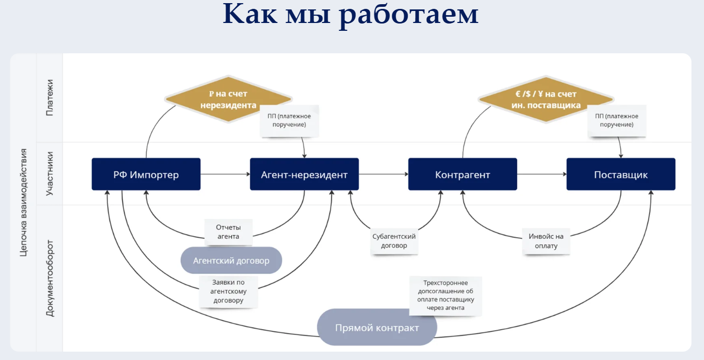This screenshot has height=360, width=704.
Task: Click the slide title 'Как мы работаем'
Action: coord(351,15)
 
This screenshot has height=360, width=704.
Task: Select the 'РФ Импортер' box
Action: coord(146,175)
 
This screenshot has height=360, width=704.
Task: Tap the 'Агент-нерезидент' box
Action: coord(304,175)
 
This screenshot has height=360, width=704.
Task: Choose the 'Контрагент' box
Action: coord(463,175)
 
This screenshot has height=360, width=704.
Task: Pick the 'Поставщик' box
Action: coord(621,175)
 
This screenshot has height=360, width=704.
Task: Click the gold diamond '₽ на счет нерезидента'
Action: coord(228,99)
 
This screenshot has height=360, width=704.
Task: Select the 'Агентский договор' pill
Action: coord(231,260)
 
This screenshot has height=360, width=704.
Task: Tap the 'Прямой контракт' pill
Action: coord(377,328)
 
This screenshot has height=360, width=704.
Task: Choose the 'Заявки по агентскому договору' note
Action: coord(229,291)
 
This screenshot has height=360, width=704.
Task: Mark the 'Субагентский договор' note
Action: coord(394,241)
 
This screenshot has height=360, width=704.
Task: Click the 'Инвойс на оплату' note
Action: coord(546,241)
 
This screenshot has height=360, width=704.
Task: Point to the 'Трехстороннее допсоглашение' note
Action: coord(445,296)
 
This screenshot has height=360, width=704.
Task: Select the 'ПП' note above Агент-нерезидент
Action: coord(289,121)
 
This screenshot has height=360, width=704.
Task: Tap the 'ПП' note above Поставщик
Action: coord(616,121)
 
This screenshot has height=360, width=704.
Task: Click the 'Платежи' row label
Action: coord(50,98)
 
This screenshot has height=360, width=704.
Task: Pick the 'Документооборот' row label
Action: coord(50,278)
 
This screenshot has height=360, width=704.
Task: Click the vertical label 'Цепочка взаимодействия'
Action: coord(23,202)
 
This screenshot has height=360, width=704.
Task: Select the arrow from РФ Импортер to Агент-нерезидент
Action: coord(225,175)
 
